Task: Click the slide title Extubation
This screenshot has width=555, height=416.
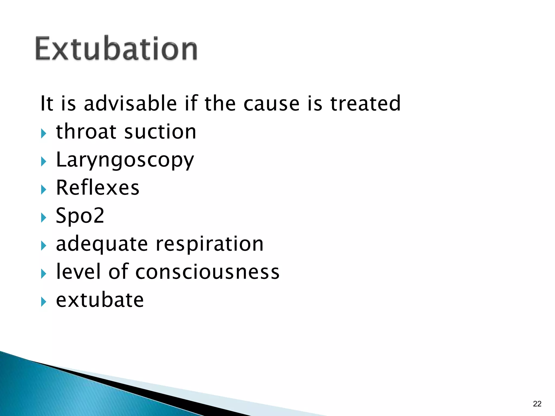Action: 116,49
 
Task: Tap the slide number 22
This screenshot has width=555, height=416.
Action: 537,404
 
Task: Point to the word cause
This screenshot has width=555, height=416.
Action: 271,104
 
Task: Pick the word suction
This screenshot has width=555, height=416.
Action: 160,132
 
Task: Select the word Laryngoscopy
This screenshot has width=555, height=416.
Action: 125,160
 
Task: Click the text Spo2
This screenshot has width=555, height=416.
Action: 80,216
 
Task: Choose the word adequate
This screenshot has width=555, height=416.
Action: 102,244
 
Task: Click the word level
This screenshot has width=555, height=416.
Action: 78,272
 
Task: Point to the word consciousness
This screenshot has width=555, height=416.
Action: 207,272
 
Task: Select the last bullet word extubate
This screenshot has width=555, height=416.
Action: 100,300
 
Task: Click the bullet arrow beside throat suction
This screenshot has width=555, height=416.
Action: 44,134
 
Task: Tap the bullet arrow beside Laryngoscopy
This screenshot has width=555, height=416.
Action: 44,162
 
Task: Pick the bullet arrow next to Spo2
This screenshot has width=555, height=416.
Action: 44,217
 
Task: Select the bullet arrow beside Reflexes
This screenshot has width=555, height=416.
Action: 44,190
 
